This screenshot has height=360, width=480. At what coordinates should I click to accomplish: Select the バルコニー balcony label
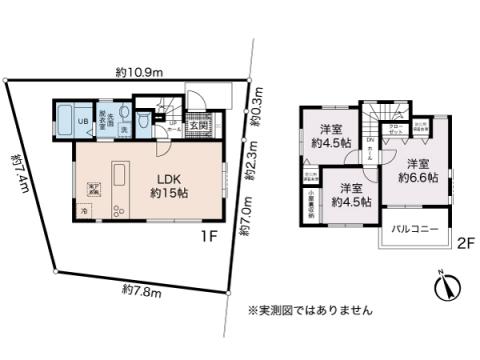pyautogui.click(x=414, y=230)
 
